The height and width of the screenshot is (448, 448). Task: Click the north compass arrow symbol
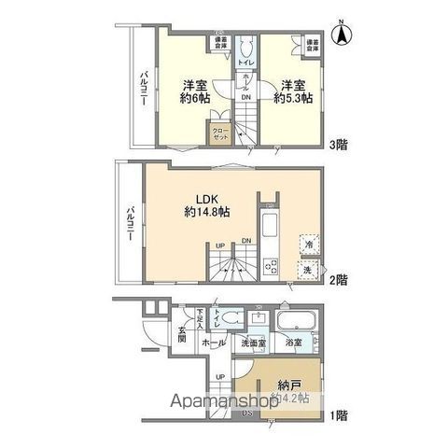click(342, 35)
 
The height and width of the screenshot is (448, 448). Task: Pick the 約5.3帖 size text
click(291, 97)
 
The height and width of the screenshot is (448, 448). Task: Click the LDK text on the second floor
click(207, 197)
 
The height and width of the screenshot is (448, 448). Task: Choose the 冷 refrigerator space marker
click(307, 245)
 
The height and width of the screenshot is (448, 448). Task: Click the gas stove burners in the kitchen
click(270, 266)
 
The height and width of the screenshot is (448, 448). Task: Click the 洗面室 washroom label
click(253, 343)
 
